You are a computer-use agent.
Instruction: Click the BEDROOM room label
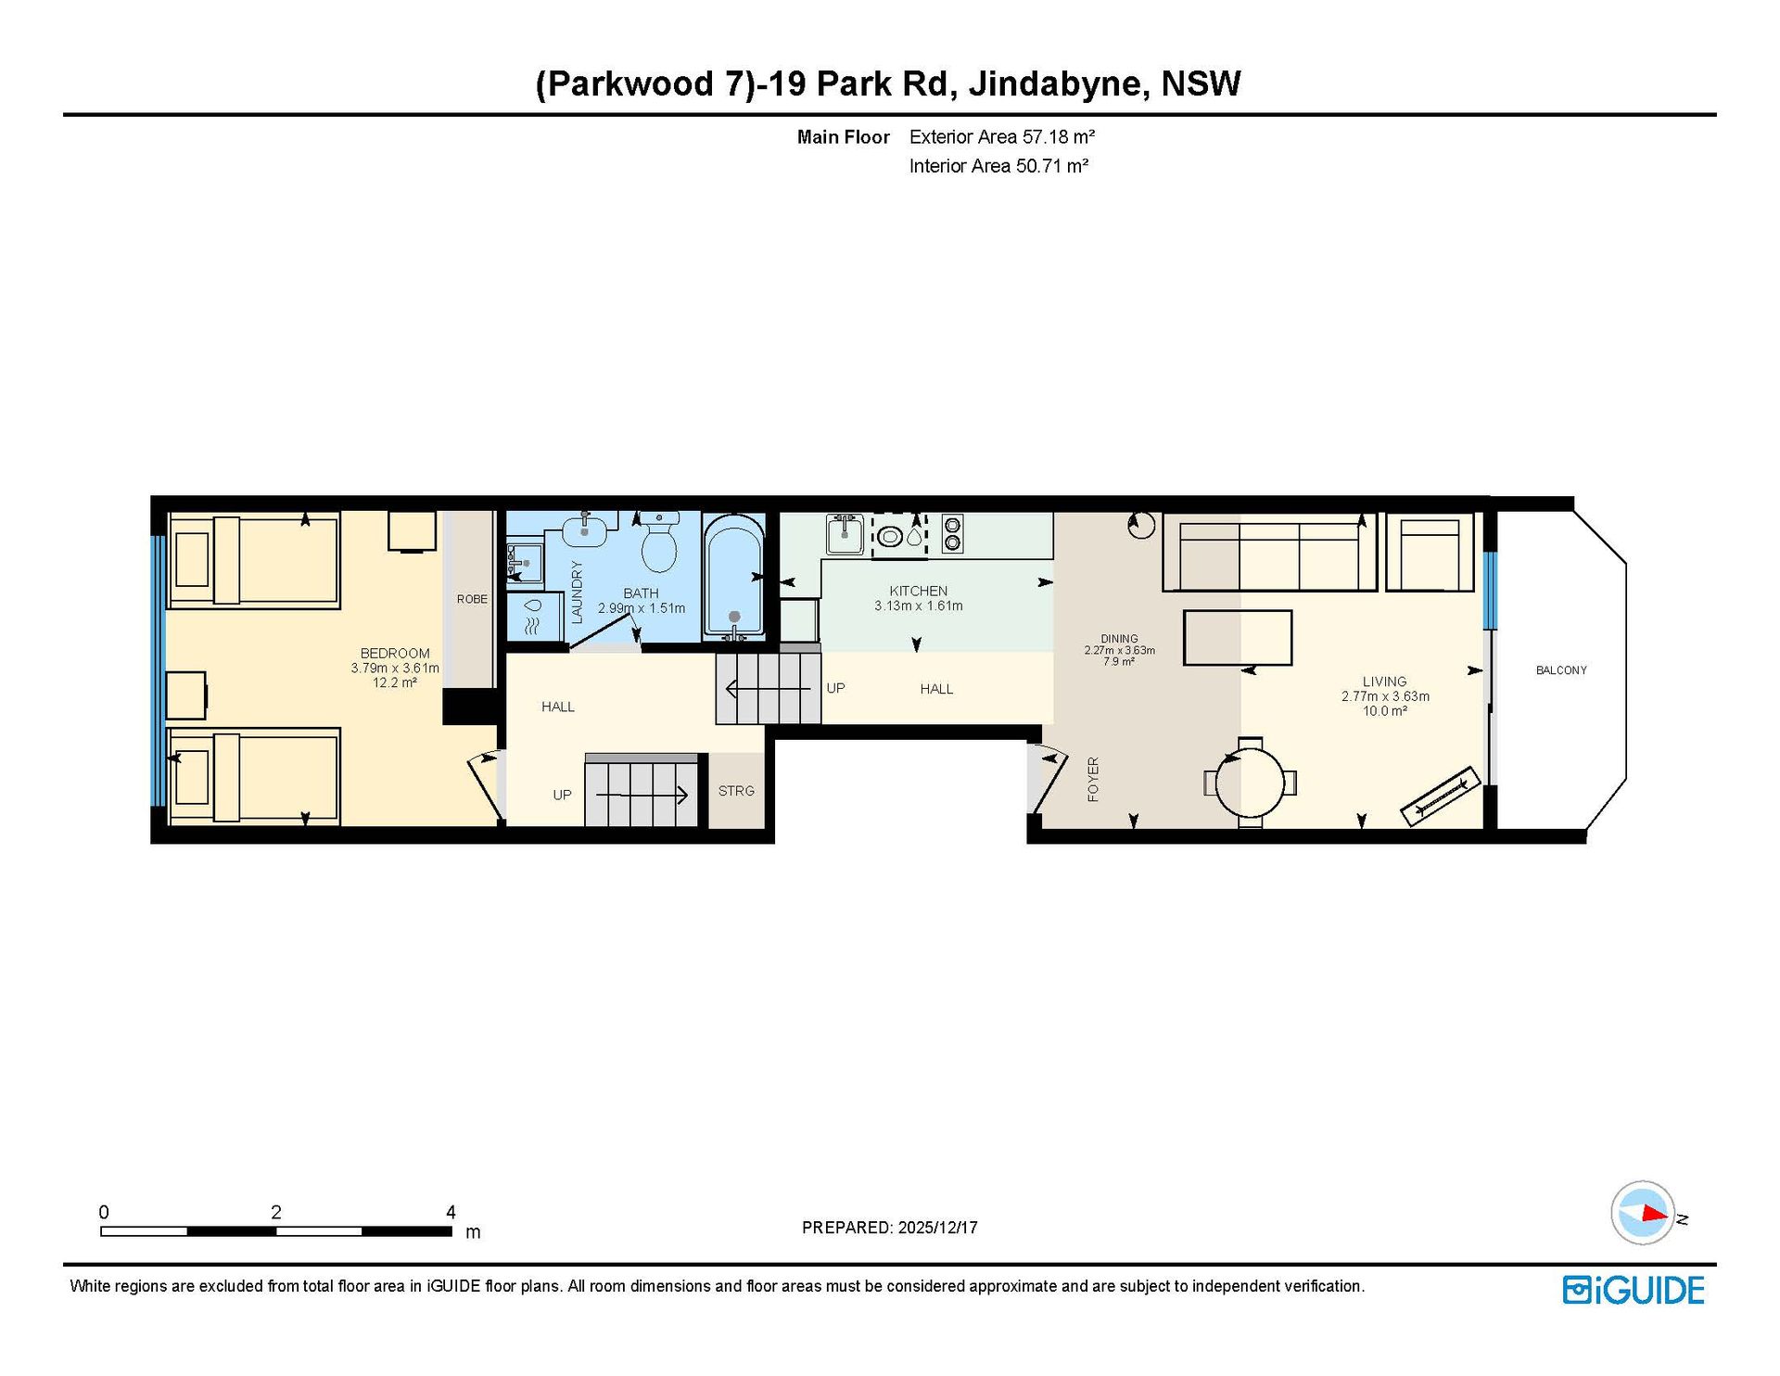[395, 654]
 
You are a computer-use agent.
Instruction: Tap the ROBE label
[472, 599]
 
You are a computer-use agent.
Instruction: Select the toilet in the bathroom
[659, 543]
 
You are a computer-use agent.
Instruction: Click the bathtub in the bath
[734, 577]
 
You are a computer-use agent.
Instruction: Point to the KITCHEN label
[919, 591]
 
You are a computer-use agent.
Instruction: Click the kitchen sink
[845, 535]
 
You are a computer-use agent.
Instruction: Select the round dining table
[1250, 783]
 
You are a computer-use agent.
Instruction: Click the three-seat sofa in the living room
[1269, 553]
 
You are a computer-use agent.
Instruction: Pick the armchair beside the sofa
[1430, 554]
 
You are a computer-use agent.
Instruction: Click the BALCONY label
[1561, 670]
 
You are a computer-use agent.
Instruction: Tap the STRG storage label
[736, 791]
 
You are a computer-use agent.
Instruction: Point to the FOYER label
[1093, 779]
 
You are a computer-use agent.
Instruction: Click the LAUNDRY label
[577, 592]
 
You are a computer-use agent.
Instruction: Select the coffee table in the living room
[1238, 637]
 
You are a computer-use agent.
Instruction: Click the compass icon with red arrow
[1644, 1213]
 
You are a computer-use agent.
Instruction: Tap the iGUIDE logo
[1634, 1290]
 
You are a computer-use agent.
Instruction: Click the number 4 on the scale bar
[451, 1212]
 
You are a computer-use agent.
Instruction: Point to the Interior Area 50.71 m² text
[998, 166]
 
